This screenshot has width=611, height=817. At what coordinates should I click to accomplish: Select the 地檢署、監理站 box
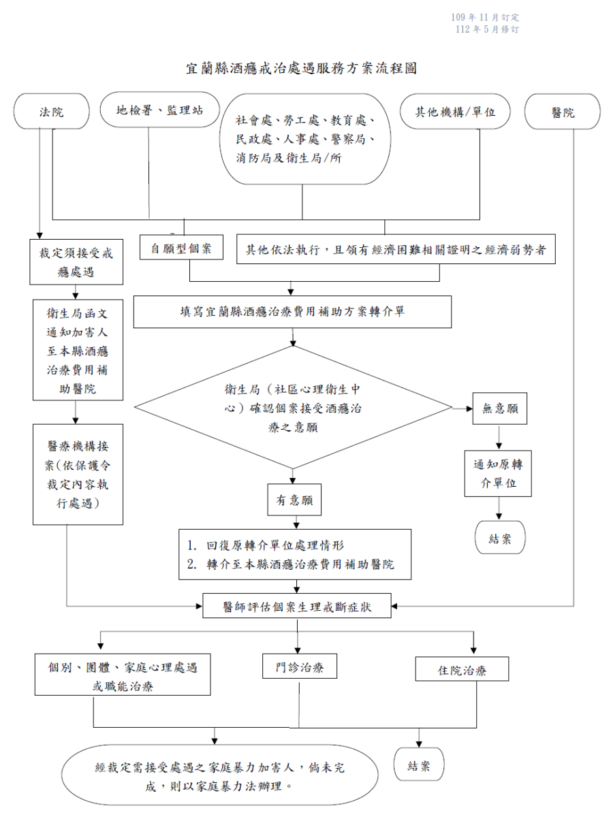[x=159, y=110]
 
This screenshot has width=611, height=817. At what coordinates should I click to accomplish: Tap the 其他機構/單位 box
[x=456, y=111]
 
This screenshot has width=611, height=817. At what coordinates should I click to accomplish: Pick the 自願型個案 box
[x=181, y=249]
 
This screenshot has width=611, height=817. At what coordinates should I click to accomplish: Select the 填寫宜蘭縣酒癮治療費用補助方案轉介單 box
[x=292, y=312]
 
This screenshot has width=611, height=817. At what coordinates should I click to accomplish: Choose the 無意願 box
[x=499, y=408]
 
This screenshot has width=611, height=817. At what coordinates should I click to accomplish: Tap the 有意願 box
[x=294, y=500]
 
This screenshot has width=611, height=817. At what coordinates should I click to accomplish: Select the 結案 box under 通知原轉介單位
[x=501, y=539]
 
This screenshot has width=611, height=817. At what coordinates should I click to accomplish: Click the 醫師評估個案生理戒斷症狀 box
[x=297, y=605]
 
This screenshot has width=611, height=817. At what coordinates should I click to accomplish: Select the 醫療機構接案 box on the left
[x=78, y=475]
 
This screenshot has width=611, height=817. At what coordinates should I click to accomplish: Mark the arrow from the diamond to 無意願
[x=463, y=408]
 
